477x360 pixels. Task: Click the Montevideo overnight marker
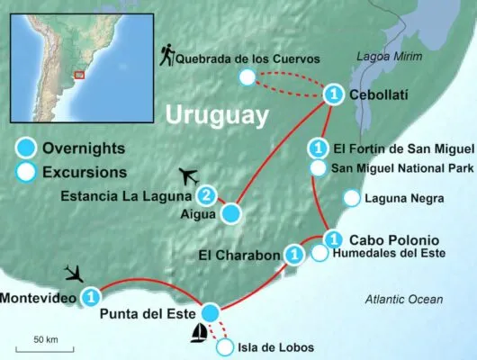(x=90, y=296)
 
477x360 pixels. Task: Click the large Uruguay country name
(x=216, y=116)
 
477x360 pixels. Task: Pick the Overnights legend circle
(x=27, y=148)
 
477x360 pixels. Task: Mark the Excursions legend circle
(x=27, y=171)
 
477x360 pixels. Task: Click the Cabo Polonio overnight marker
(x=333, y=239)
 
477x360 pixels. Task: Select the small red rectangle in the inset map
(x=80, y=75)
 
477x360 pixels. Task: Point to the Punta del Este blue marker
(x=210, y=311)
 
